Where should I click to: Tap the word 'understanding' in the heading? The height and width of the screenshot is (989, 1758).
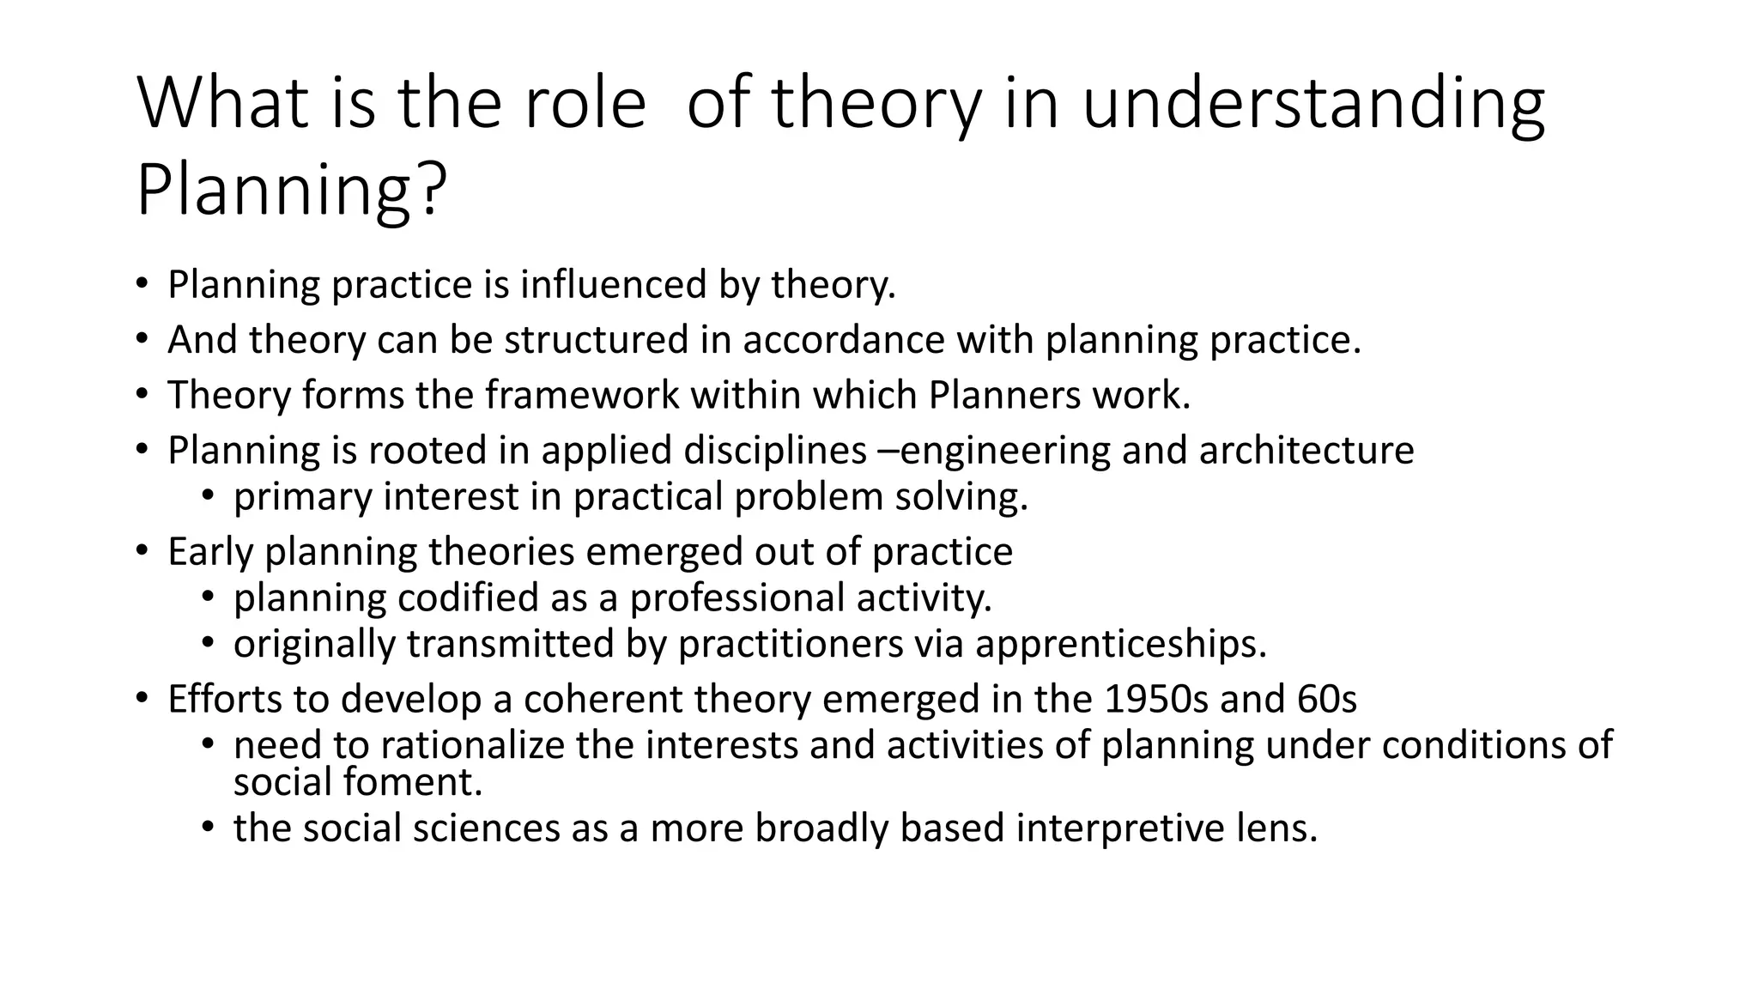pyautogui.click(x=1312, y=104)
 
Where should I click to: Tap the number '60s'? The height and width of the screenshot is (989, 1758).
pyautogui.click(x=1327, y=699)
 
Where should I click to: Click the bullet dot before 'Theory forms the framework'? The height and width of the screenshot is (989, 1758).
pyautogui.click(x=142, y=396)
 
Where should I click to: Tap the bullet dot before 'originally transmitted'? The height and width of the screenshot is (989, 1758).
pyautogui.click(x=207, y=645)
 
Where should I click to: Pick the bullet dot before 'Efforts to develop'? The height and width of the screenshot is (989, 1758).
pyautogui.click(x=142, y=700)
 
